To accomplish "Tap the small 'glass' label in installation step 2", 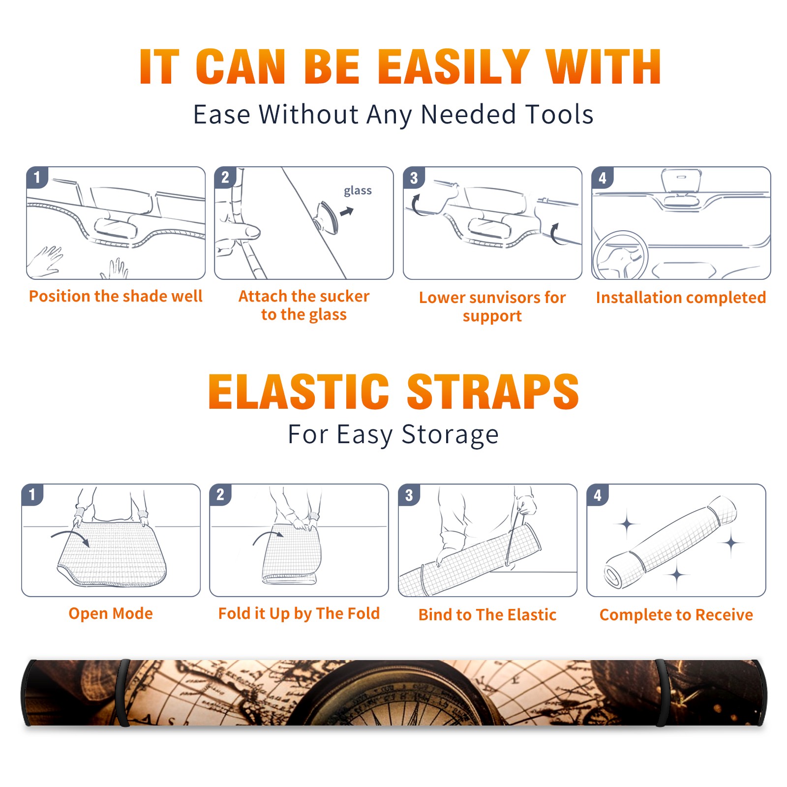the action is click(358, 191).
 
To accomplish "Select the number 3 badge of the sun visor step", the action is click(414, 178).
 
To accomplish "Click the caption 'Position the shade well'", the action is click(116, 296).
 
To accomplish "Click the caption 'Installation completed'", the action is click(681, 298).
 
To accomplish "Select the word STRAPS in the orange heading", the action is click(493, 392).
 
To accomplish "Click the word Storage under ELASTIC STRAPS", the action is click(450, 435).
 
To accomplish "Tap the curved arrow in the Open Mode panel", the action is click(70, 537).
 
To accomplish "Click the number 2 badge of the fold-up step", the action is click(220, 494).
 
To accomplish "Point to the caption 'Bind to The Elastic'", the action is click(487, 615).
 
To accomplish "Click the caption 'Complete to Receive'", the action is click(676, 615).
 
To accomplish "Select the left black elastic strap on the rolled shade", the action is click(123, 693).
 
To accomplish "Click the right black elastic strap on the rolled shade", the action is click(662, 693).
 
